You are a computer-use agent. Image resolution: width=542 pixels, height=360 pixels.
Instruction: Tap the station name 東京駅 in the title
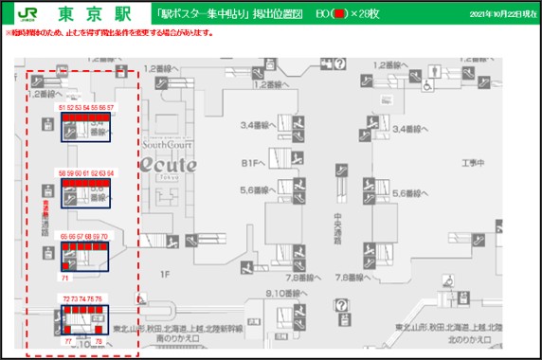(92, 14)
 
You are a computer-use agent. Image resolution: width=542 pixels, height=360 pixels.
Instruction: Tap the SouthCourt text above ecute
(169, 146)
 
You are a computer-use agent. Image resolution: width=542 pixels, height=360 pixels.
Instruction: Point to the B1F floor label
(251, 162)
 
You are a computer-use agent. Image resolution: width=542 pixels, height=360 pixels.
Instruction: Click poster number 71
(64, 279)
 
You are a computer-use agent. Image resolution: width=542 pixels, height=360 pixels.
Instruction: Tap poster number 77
(68, 340)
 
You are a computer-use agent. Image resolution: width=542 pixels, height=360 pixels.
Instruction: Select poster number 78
(99, 340)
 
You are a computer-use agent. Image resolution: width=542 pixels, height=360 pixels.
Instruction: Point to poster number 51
(62, 109)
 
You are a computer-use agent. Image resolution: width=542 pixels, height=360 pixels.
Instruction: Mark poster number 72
(66, 298)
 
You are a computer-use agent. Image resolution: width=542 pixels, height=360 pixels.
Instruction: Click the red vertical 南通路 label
(45, 210)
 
